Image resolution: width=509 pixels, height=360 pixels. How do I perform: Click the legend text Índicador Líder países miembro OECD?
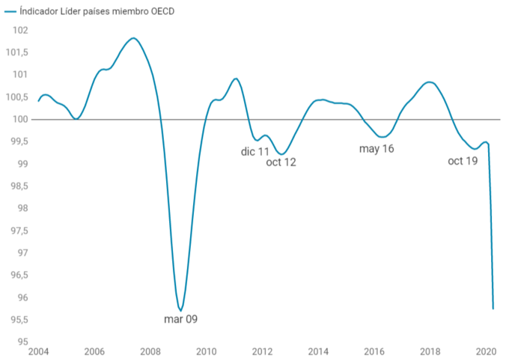click(93, 13)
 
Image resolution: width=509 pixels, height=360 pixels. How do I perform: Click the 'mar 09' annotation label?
click(180, 320)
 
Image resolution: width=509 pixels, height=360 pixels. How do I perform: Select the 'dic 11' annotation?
click(255, 152)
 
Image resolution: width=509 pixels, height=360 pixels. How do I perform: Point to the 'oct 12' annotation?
click(281, 162)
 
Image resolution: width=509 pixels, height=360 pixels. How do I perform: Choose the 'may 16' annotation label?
click(377, 149)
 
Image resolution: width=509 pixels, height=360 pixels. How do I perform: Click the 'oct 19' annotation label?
click(463, 161)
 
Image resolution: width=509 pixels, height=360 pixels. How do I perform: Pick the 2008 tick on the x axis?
click(150, 351)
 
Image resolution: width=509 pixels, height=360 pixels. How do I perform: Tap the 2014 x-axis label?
click(318, 351)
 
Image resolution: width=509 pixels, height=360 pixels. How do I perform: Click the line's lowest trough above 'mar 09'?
click(180, 310)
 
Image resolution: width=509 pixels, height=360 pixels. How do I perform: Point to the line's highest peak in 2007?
click(133, 38)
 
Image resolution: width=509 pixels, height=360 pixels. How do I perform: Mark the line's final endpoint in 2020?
click(493, 308)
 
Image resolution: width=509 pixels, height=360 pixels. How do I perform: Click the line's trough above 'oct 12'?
click(281, 154)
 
